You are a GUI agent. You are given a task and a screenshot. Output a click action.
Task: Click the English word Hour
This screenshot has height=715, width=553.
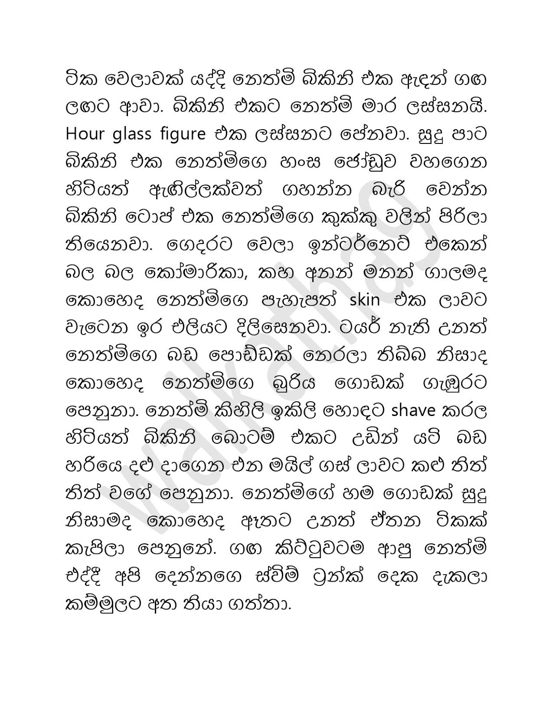85,134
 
